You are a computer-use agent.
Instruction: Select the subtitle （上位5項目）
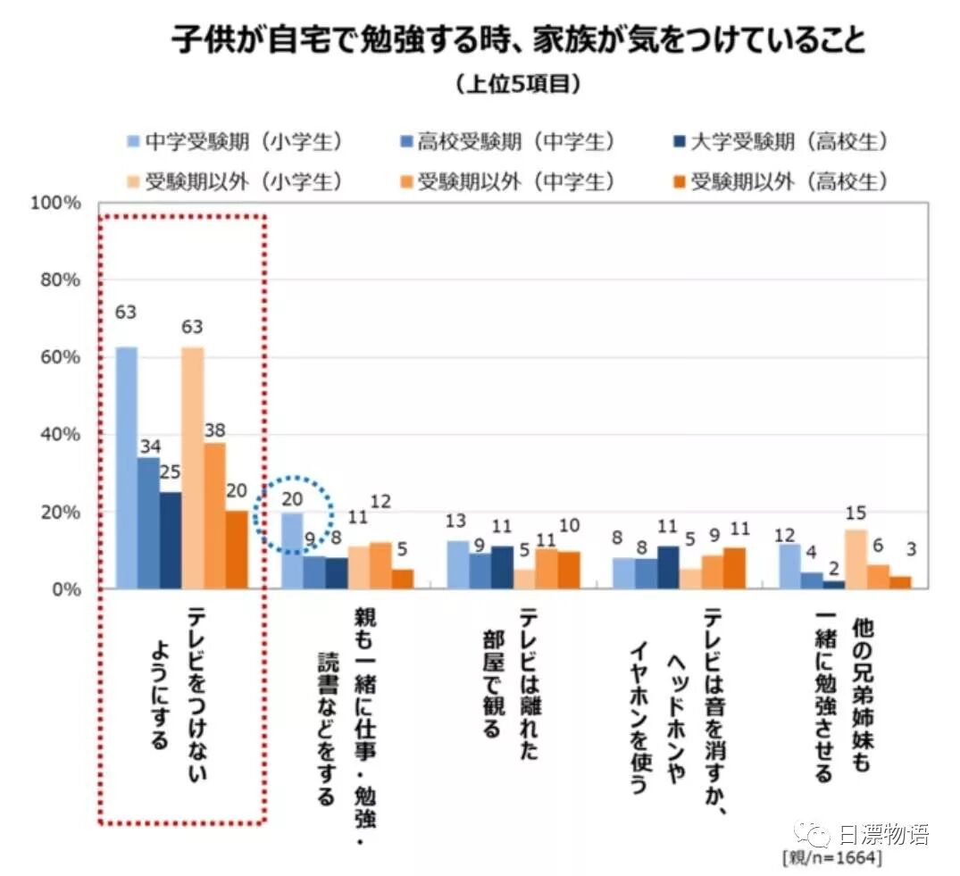click(518, 85)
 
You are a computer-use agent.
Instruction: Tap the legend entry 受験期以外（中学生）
click(517, 181)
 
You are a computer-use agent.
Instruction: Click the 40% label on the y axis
click(61, 435)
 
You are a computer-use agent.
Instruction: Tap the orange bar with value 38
click(215, 515)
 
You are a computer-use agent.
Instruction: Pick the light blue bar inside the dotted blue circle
click(292, 550)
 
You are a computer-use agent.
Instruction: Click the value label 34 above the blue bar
click(148, 444)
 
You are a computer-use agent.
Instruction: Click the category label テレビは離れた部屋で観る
click(509, 683)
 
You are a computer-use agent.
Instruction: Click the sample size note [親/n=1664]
click(831, 858)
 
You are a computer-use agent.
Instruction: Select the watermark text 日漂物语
click(883, 835)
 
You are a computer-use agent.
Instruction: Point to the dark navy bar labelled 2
click(833, 585)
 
